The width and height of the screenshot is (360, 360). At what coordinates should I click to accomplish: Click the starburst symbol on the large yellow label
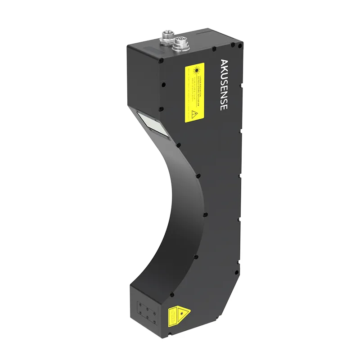(x=197, y=71)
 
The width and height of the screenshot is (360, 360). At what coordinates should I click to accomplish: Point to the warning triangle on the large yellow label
(x=195, y=114)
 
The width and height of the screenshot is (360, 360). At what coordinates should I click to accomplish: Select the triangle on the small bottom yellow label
(x=182, y=311)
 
